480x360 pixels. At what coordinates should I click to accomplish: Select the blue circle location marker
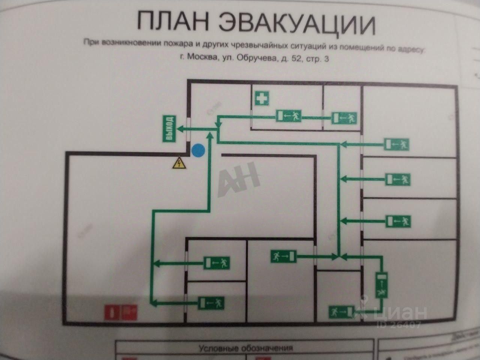(198, 151)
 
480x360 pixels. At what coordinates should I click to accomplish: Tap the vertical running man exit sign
(382, 286)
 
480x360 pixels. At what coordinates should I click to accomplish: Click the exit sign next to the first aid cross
(289, 116)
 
